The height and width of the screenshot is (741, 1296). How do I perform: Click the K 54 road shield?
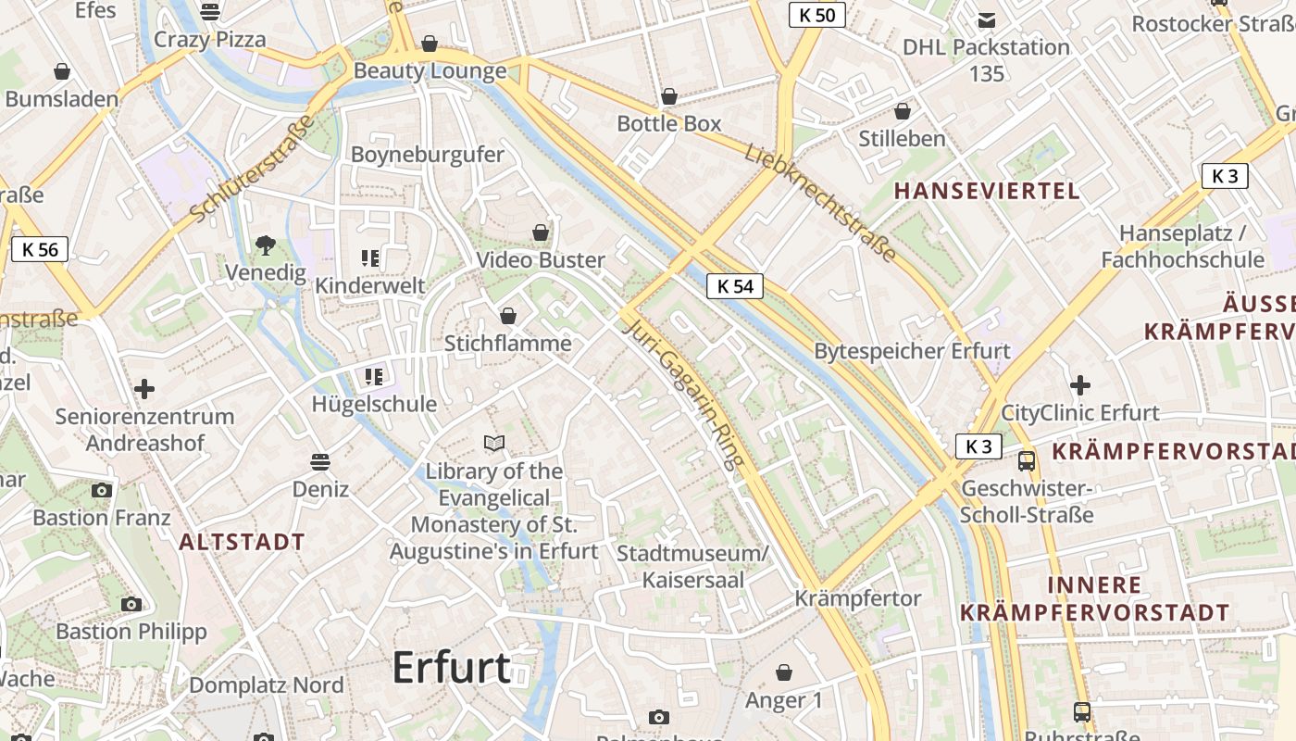tap(736, 286)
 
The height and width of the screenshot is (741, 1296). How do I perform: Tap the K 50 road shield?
tap(817, 15)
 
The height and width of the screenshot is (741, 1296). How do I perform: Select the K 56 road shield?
tap(40, 249)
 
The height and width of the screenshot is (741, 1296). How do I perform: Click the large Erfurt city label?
tap(452, 667)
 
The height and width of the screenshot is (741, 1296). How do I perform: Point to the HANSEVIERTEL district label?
tap(987, 192)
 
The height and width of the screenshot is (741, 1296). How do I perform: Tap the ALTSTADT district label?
tap(242, 543)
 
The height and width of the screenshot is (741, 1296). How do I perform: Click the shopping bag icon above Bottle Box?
tap(669, 96)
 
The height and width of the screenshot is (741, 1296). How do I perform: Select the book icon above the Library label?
tap(495, 444)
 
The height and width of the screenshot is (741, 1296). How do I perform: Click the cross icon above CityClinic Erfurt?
tap(1079, 385)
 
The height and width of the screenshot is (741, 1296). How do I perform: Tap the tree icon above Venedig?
tap(266, 245)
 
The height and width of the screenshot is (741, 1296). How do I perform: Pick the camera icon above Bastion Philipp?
tap(131, 605)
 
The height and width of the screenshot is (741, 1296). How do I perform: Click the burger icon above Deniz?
tap(320, 461)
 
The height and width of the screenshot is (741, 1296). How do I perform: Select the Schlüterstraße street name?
tap(253, 169)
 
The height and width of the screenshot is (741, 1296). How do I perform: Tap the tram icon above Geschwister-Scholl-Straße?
tap(1027, 461)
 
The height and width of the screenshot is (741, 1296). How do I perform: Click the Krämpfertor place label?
tap(858, 598)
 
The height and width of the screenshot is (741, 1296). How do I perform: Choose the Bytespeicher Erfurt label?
tap(912, 352)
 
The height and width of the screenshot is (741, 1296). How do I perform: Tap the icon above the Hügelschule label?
tap(374, 376)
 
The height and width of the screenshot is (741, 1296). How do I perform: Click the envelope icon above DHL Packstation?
tap(987, 19)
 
